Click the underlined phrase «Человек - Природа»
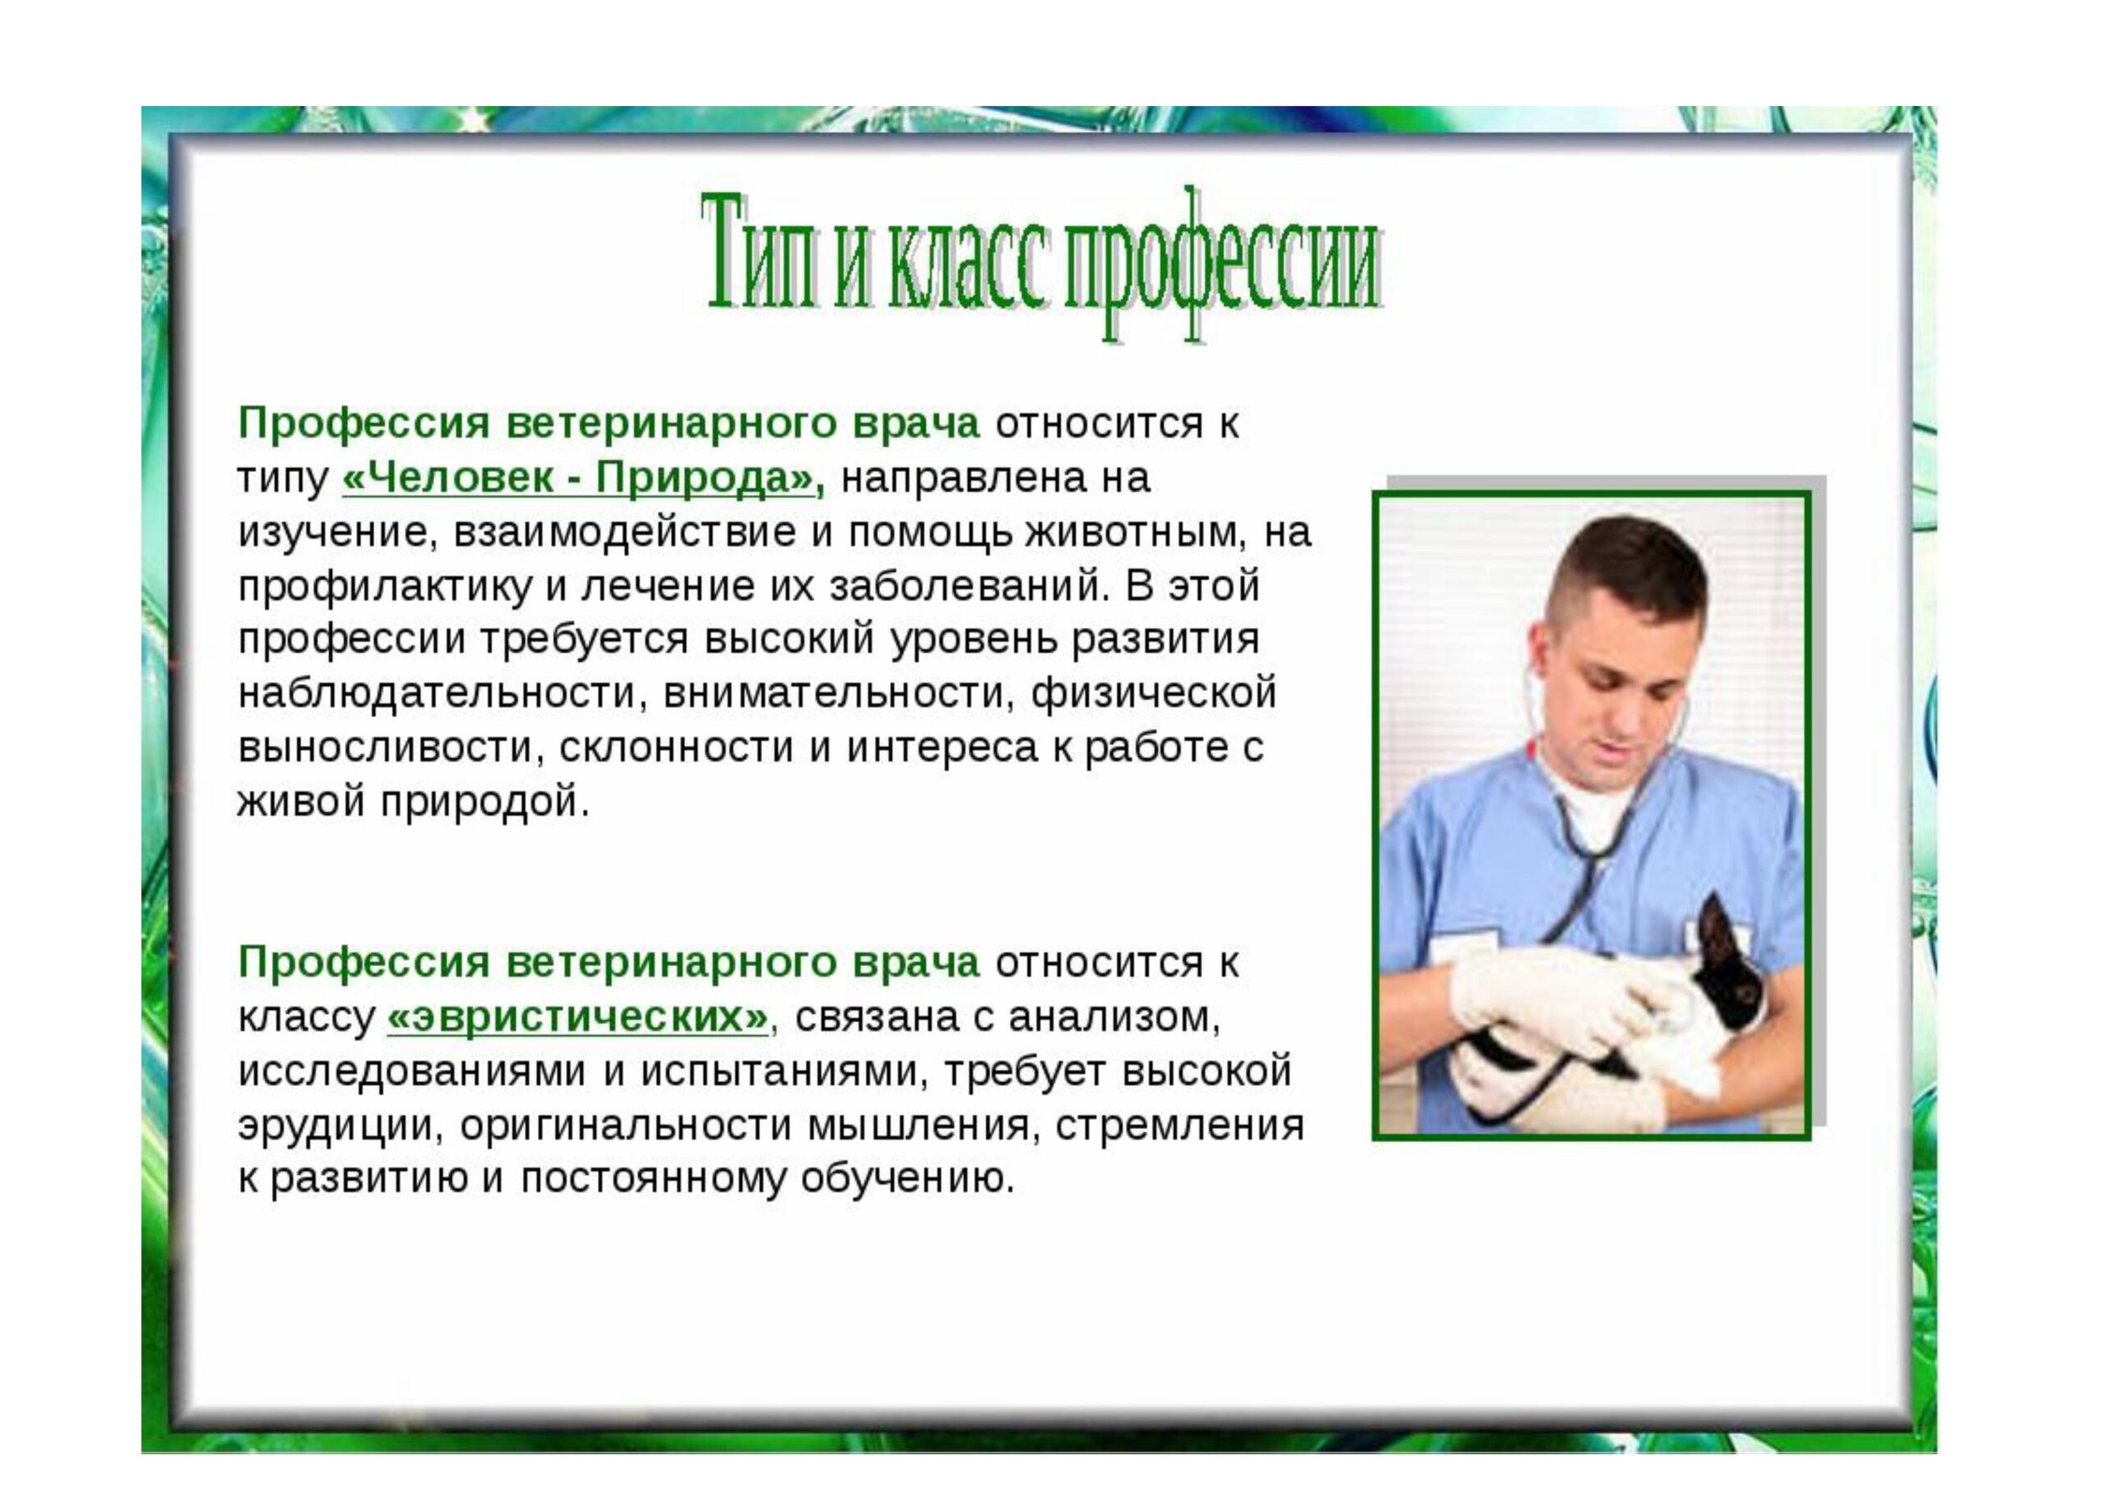[579, 478]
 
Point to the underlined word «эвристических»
[579, 1016]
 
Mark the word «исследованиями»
[412, 1071]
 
